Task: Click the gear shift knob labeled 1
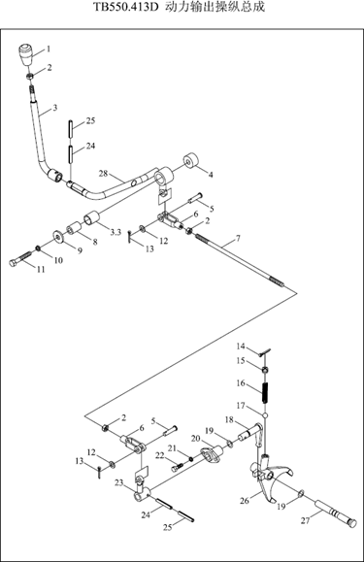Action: coord(26,54)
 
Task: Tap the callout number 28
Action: coord(103,174)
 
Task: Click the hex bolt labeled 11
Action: coord(20,259)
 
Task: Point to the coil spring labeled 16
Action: coord(265,393)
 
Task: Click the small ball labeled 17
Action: coord(265,415)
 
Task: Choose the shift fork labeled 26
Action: coord(267,475)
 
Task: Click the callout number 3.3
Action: coord(116,233)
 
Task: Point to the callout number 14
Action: coord(241,347)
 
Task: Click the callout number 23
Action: coord(119,483)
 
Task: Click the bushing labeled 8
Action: coord(74,228)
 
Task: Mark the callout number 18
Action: coord(229,419)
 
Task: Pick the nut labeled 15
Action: coord(265,370)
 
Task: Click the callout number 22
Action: coord(159,455)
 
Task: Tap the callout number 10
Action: coord(58,260)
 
